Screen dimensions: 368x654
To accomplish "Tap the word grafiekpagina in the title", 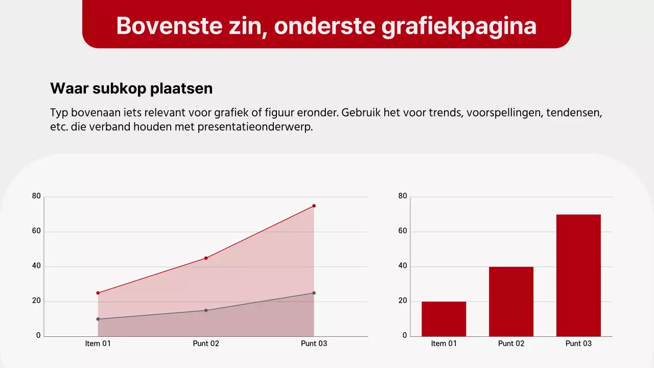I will (459, 26).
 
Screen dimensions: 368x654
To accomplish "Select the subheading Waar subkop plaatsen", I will (131, 88).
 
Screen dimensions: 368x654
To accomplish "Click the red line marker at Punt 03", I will (314, 206).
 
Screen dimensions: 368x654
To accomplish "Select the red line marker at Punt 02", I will (206, 258).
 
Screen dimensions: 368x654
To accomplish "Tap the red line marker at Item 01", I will (98, 293).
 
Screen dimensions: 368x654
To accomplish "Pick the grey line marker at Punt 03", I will (314, 293).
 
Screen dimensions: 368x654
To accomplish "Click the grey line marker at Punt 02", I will (206, 310).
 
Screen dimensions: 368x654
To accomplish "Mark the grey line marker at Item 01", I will (98, 319).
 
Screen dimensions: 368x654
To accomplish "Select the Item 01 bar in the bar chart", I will (443, 319).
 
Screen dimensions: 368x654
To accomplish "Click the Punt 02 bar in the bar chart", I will (511, 302).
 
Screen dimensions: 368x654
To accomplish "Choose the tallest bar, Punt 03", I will (578, 275).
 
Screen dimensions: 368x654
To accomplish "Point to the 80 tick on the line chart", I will (36, 196).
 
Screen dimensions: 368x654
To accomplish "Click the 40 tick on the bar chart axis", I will (403, 266).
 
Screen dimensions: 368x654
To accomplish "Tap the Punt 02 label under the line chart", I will (206, 343).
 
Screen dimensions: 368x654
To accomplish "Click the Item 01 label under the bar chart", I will (443, 343).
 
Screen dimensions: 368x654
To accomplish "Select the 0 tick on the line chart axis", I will (38, 336).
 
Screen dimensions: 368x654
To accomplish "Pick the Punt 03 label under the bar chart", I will (578, 343).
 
